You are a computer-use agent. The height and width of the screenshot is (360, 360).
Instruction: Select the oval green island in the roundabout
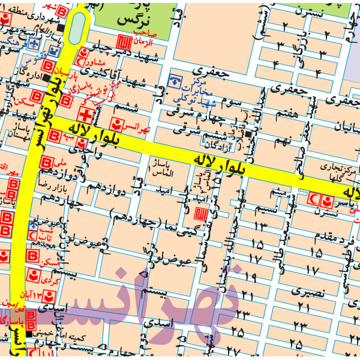77,28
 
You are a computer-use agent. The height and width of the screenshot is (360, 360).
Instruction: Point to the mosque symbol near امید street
202,214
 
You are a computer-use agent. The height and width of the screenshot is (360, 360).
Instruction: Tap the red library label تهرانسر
139,128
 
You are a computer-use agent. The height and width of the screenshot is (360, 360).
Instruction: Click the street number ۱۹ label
251,277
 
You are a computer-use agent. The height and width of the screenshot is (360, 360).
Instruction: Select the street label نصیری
310,293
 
